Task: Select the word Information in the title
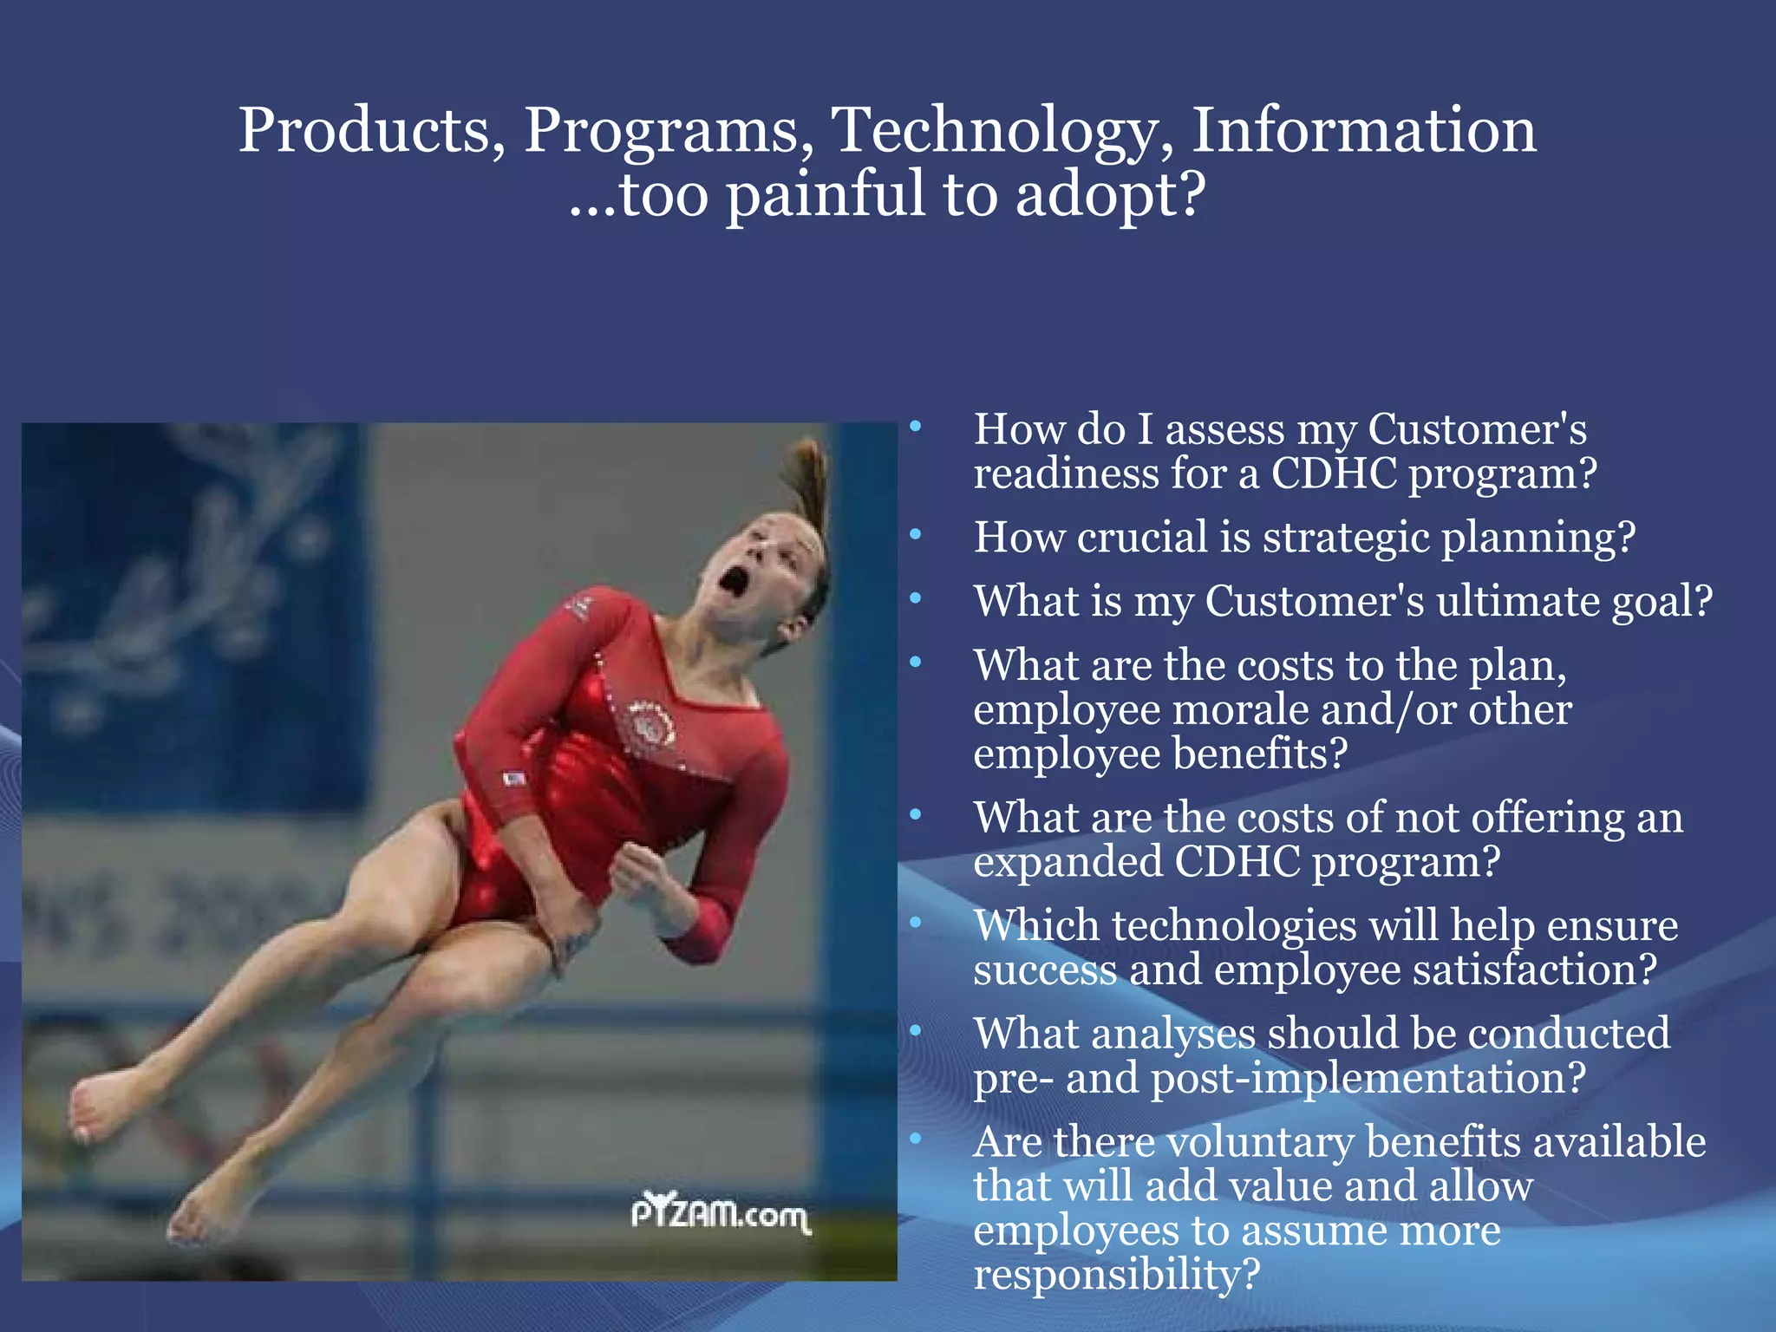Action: [x=1363, y=130]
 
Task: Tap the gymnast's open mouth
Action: [x=735, y=579]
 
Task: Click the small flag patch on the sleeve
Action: [x=514, y=778]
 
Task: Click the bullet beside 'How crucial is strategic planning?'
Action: [x=916, y=535]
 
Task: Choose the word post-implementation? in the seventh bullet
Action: [x=1368, y=1078]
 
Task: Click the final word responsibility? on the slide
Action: [x=1115, y=1275]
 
